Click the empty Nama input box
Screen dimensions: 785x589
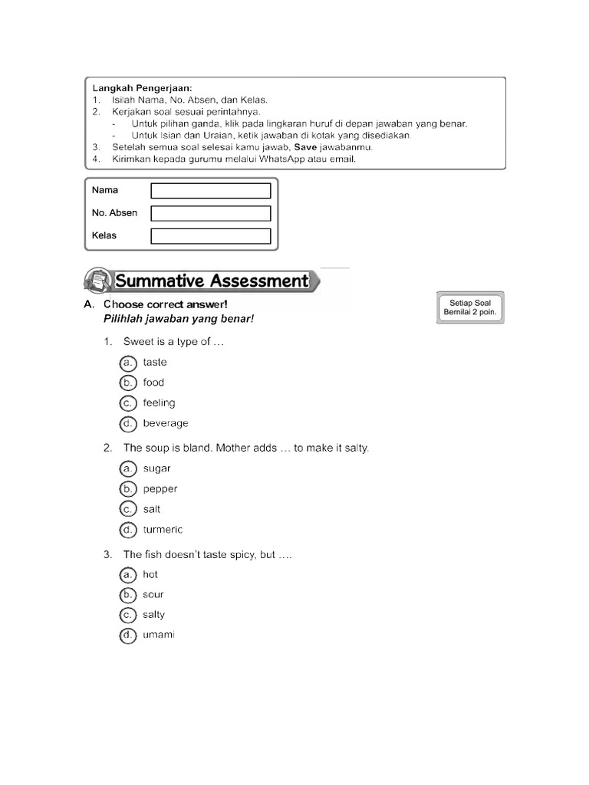coord(211,190)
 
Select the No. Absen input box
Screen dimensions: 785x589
coord(211,213)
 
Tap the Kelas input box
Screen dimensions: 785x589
coord(211,236)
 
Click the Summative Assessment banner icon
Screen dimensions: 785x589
coord(96,281)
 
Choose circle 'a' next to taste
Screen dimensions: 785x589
coord(128,363)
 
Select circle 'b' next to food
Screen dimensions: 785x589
coord(128,383)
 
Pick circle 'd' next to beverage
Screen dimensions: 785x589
coord(128,423)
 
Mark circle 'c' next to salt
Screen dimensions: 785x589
coord(128,509)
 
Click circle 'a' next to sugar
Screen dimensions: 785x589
coord(128,468)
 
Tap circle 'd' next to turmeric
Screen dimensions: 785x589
coord(128,530)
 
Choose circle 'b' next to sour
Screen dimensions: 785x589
coord(128,595)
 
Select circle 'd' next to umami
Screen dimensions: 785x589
coord(128,635)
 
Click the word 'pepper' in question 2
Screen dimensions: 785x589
coord(160,489)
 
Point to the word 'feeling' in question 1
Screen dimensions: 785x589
coord(159,403)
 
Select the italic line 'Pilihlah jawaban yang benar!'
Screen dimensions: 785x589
coord(178,319)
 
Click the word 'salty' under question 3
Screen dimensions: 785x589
coord(153,615)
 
